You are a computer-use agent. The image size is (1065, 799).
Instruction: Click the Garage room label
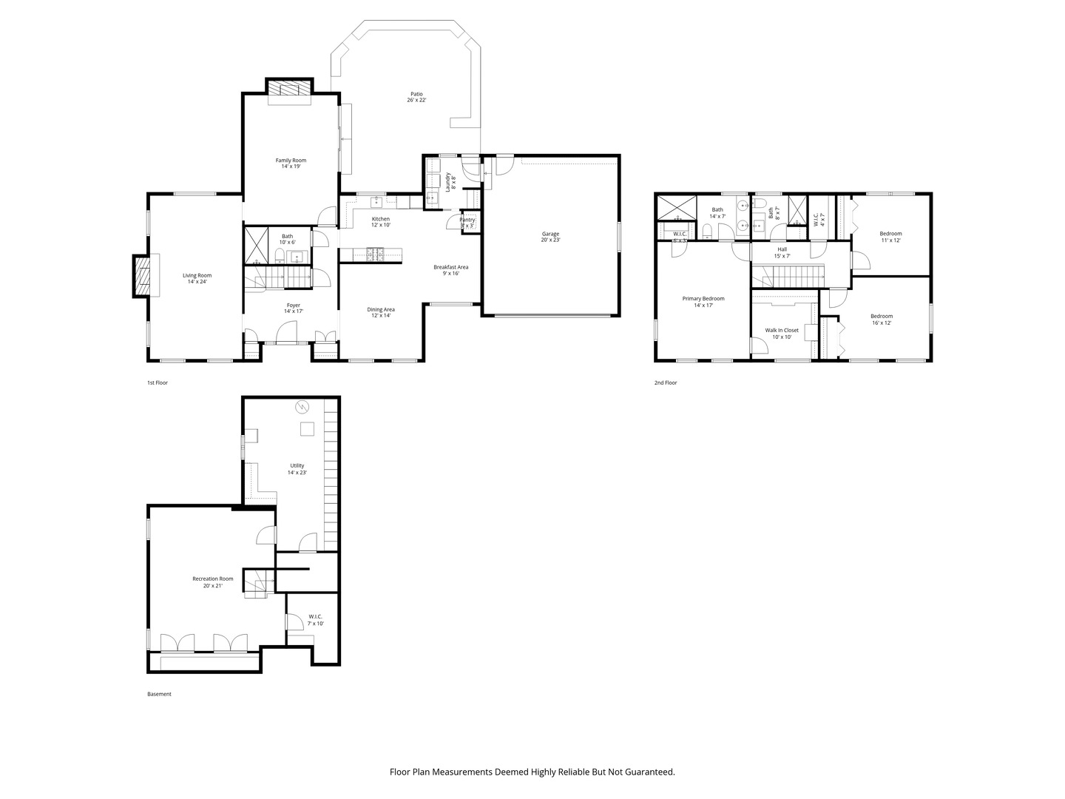(x=550, y=237)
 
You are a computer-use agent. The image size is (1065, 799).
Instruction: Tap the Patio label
(x=416, y=97)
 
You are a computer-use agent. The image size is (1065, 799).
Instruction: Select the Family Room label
(x=291, y=163)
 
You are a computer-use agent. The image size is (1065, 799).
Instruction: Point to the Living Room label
(x=197, y=278)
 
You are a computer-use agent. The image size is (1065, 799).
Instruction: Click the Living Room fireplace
(x=142, y=276)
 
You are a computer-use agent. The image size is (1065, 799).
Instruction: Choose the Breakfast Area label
(x=450, y=270)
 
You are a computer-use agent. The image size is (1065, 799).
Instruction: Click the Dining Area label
(x=381, y=312)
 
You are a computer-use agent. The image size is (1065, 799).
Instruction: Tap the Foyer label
(x=294, y=308)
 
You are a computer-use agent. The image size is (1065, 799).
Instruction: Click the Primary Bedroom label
(x=703, y=301)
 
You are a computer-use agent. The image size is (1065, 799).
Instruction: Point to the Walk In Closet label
(x=782, y=333)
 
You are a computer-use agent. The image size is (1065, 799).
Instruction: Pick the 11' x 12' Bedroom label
(x=890, y=237)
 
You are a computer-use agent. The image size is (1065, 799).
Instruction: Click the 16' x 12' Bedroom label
(x=881, y=319)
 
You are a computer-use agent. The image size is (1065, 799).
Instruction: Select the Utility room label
(x=297, y=468)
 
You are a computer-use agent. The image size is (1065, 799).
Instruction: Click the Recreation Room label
(x=212, y=581)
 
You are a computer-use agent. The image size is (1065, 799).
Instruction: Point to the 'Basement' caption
(x=159, y=694)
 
